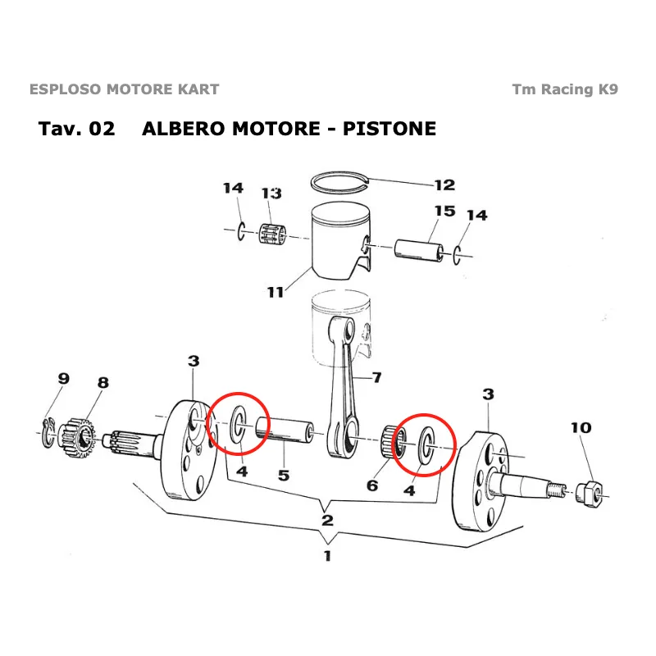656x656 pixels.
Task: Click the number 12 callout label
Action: tap(444, 185)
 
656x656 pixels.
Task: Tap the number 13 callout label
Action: tap(271, 194)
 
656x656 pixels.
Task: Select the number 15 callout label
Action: tap(444, 212)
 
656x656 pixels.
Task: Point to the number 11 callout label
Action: tap(276, 292)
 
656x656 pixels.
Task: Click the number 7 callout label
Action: tap(377, 378)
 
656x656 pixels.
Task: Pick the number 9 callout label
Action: tap(63, 378)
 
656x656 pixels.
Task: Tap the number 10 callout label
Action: tap(581, 427)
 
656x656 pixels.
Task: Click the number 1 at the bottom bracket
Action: tap(327, 556)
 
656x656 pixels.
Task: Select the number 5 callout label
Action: tap(283, 474)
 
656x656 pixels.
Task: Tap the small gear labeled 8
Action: tap(80, 433)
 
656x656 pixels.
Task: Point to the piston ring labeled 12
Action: tap(339, 180)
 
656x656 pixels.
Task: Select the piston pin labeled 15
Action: tap(420, 248)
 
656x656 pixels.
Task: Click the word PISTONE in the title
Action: tap(389, 129)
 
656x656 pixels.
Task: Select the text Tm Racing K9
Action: tap(565, 89)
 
